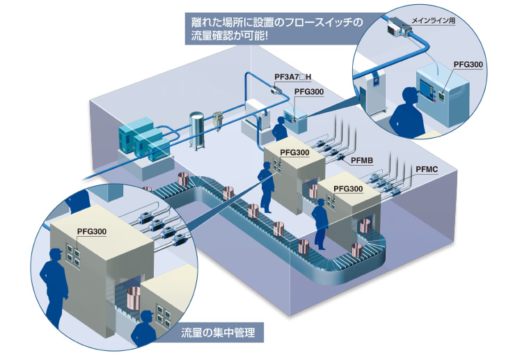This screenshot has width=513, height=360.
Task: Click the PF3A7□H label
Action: pyautogui.click(x=293, y=77)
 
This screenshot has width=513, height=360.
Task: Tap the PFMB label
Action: pyautogui.click(x=362, y=160)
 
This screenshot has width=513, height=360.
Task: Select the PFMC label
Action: pyautogui.click(x=427, y=169)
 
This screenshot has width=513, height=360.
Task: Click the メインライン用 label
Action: pyautogui.click(x=433, y=21)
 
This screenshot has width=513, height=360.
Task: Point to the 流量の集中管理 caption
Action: pyautogui.click(x=218, y=333)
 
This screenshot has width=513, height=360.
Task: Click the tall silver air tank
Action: pyautogui.click(x=196, y=131)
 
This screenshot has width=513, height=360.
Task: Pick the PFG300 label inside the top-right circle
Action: pyautogui.click(x=468, y=64)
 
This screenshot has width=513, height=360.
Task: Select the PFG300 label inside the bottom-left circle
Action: pyautogui.click(x=92, y=231)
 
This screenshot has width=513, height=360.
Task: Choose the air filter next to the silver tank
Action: pyautogui.click(x=217, y=120)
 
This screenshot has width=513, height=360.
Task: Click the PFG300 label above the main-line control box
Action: pyautogui.click(x=309, y=92)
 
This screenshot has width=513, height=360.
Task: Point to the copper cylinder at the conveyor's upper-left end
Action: pyautogui.click(x=183, y=180)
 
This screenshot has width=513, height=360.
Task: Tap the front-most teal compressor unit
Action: pyautogui.click(x=159, y=151)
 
